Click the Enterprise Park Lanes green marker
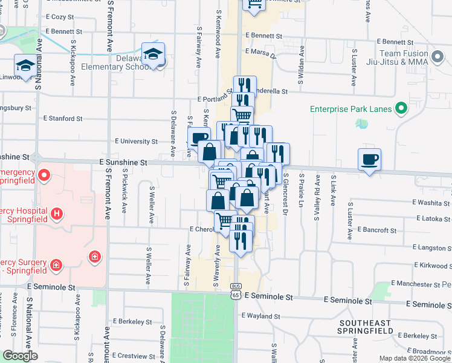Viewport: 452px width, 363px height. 400,109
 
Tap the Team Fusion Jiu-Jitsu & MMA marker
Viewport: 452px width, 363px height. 438,58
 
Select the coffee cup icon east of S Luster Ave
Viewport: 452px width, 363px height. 369,160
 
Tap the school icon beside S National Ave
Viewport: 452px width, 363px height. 26,65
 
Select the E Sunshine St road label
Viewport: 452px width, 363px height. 123,163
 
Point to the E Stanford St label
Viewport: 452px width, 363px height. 63,119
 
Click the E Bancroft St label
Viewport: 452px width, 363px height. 376,230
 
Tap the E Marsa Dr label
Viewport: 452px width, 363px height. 260,53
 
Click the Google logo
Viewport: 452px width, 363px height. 20,356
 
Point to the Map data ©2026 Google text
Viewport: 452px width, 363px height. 415,359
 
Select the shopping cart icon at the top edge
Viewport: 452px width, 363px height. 254,5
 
